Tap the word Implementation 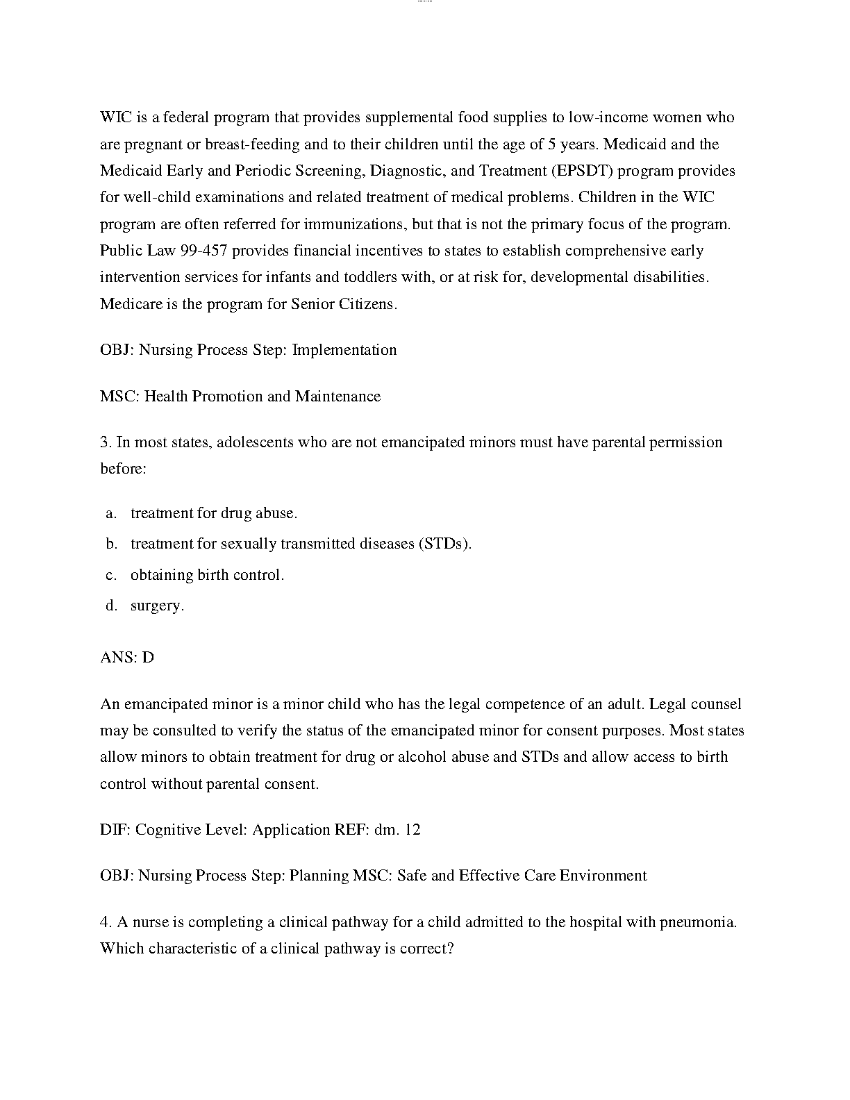[x=344, y=350]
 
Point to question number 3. [x=106, y=442]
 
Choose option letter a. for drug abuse [x=111, y=514]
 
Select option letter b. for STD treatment [x=111, y=544]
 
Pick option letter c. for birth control [x=111, y=575]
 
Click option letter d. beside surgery [x=111, y=606]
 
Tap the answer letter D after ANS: [x=148, y=658]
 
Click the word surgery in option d [x=157, y=606]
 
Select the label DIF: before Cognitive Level [x=115, y=830]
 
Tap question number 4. [x=106, y=923]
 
